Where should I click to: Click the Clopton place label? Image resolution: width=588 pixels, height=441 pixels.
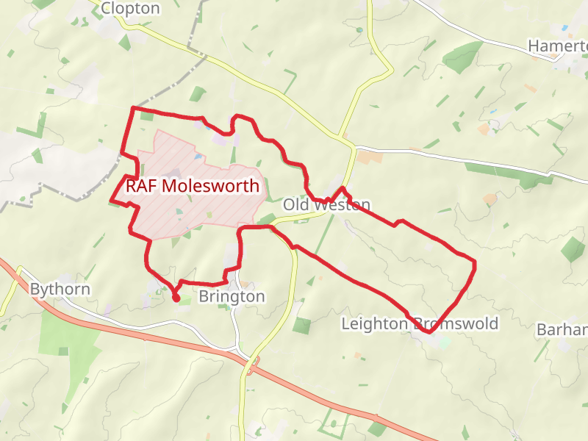point(130,8)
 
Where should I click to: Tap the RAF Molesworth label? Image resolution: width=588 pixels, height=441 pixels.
point(193,186)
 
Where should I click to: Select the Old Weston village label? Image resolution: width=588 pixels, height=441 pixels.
point(326,204)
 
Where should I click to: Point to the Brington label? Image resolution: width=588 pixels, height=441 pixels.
point(232,296)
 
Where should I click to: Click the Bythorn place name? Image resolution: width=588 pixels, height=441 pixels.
point(60,289)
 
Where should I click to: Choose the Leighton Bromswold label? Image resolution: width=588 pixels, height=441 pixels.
point(420,323)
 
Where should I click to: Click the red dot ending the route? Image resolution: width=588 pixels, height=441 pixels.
point(176,298)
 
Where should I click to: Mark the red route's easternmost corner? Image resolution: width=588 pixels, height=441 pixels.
point(474,262)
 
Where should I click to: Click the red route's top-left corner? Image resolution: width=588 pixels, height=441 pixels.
point(133,109)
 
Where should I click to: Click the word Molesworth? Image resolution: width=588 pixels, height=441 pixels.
point(210,186)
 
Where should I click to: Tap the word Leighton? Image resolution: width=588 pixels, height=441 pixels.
point(373,323)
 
